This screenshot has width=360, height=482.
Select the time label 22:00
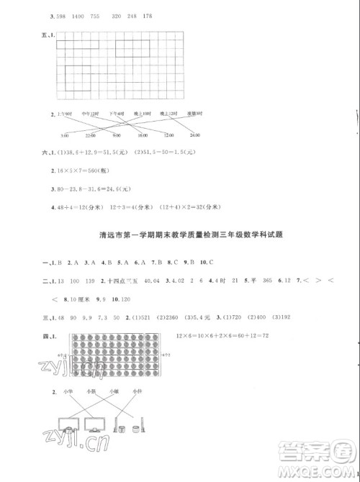pos(91,136)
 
